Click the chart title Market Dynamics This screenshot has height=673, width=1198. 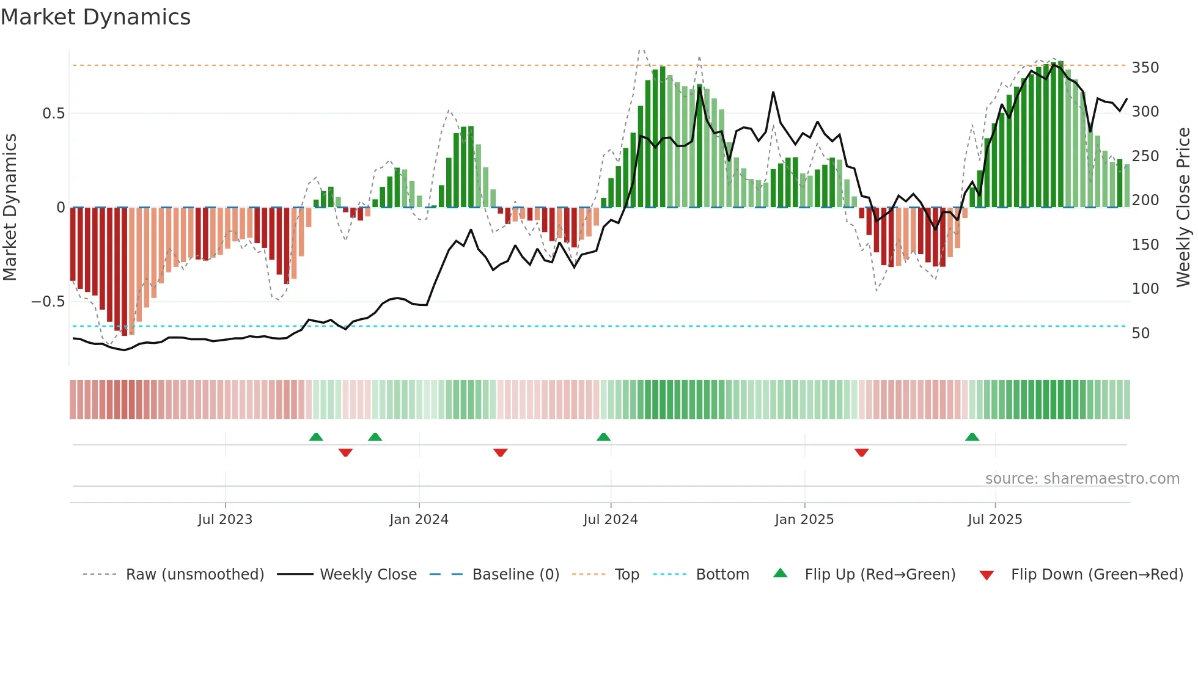(96, 17)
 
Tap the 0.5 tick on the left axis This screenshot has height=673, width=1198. (53, 114)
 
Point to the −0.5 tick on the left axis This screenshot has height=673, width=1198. (48, 302)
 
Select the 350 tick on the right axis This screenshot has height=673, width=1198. (1145, 67)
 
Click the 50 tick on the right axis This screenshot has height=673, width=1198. (1141, 333)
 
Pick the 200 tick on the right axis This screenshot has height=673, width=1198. (1145, 200)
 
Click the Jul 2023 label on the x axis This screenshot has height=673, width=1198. (225, 519)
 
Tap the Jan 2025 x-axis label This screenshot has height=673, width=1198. (804, 519)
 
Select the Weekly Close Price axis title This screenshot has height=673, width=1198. (1183, 208)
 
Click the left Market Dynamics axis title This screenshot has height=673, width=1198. (10, 208)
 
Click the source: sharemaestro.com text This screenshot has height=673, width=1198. (1082, 479)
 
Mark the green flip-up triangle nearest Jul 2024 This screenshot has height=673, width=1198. (603, 437)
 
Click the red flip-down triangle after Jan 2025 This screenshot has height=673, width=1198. (862, 453)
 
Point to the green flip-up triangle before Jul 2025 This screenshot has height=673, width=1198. (972, 437)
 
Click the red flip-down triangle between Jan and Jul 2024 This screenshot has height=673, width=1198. (501, 453)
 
